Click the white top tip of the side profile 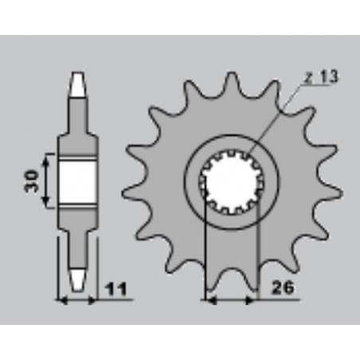coord(77,81)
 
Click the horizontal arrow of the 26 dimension coord(230,301)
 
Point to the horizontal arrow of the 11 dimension coord(77,301)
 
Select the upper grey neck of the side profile coord(77,115)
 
